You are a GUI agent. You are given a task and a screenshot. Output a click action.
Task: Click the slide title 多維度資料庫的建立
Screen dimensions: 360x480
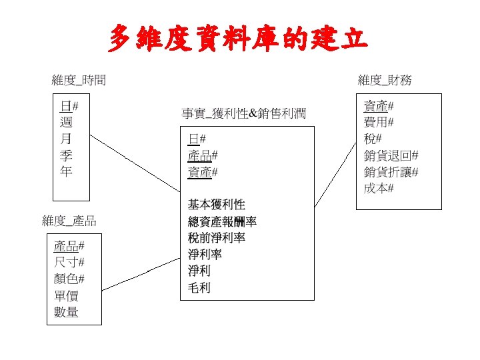[x=238, y=39]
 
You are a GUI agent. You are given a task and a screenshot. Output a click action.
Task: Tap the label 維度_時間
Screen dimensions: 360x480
[x=79, y=81]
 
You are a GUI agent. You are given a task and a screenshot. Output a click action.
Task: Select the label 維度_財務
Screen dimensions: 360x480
[x=385, y=81]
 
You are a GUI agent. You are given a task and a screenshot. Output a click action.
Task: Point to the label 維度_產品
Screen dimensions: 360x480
[x=69, y=221]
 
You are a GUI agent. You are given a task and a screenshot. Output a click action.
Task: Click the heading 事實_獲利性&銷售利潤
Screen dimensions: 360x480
[x=244, y=113]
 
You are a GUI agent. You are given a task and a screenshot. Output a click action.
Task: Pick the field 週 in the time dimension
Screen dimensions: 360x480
[x=67, y=122]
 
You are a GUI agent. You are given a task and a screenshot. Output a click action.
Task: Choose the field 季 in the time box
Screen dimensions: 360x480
[x=67, y=155]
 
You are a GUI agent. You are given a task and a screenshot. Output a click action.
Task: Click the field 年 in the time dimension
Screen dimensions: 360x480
[x=67, y=171]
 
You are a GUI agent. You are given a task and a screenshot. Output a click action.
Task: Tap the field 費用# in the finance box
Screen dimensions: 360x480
[x=379, y=122]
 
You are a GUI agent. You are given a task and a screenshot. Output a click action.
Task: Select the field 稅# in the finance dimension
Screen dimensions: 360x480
[x=373, y=139]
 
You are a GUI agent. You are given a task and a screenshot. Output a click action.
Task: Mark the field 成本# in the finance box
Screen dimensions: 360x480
[x=379, y=188]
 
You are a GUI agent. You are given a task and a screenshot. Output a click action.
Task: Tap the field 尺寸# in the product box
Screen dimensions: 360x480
[x=69, y=262]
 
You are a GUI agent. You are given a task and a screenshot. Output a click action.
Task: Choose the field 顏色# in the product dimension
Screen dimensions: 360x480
[x=69, y=279]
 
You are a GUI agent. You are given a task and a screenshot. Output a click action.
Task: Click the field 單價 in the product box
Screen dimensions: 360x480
[x=66, y=295]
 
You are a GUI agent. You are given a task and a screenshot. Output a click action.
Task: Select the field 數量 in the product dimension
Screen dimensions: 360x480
[x=66, y=312]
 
